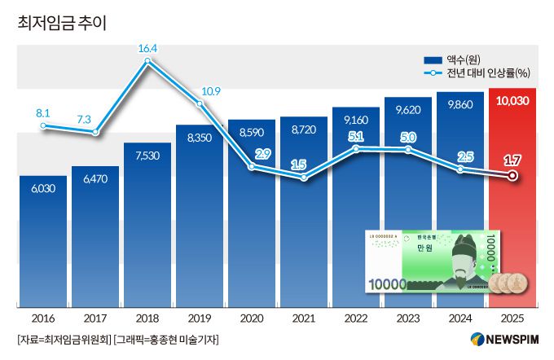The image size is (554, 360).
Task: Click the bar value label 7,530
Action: pyautogui.click(x=147, y=156)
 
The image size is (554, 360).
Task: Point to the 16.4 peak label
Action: pyautogui.click(x=147, y=49)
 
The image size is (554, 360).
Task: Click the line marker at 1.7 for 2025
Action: pyautogui.click(x=512, y=175)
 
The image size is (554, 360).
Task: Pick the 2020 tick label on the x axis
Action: pyautogui.click(x=252, y=317)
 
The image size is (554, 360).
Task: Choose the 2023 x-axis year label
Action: pyautogui.click(x=408, y=317)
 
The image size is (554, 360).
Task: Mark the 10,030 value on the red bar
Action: pyautogui.click(x=512, y=101)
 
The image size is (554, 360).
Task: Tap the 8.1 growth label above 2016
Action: pyautogui.click(x=44, y=113)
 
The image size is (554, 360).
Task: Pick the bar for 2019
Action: pyautogui.click(x=200, y=220)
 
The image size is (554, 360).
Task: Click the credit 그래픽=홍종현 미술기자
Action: pyautogui.click(x=166, y=339)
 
